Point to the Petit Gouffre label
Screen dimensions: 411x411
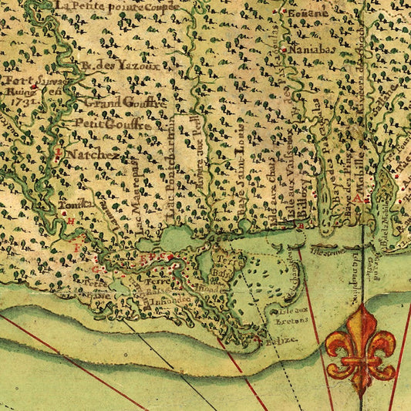(109, 121)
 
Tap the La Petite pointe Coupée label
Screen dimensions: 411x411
(116, 6)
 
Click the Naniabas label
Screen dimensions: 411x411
(310, 50)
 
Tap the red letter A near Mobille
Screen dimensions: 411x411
(368, 198)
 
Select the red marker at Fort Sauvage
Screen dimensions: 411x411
(33, 87)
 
